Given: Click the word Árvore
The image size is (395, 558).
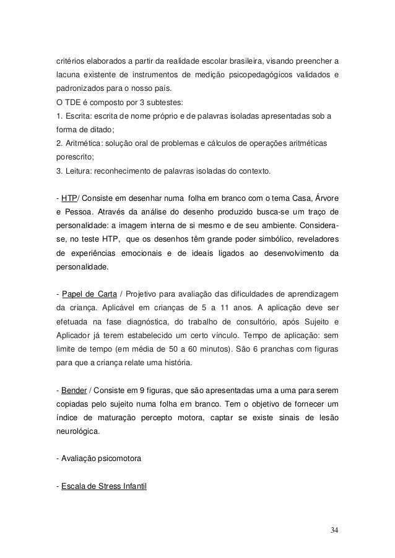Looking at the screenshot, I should coord(324,198).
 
